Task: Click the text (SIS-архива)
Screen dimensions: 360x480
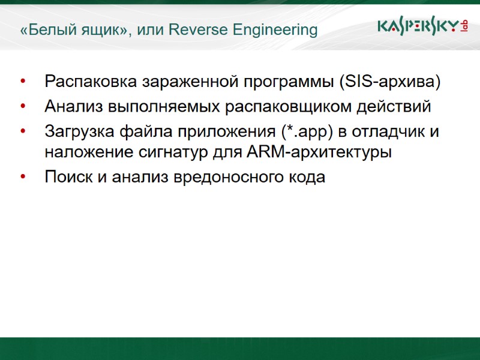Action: [389, 82]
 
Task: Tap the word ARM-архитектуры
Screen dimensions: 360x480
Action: [319, 152]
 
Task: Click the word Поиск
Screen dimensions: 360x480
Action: [67, 178]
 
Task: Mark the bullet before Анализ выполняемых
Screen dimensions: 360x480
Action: [23, 107]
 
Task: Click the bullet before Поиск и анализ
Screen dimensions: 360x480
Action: [23, 178]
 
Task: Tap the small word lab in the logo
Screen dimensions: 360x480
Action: [464, 25]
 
